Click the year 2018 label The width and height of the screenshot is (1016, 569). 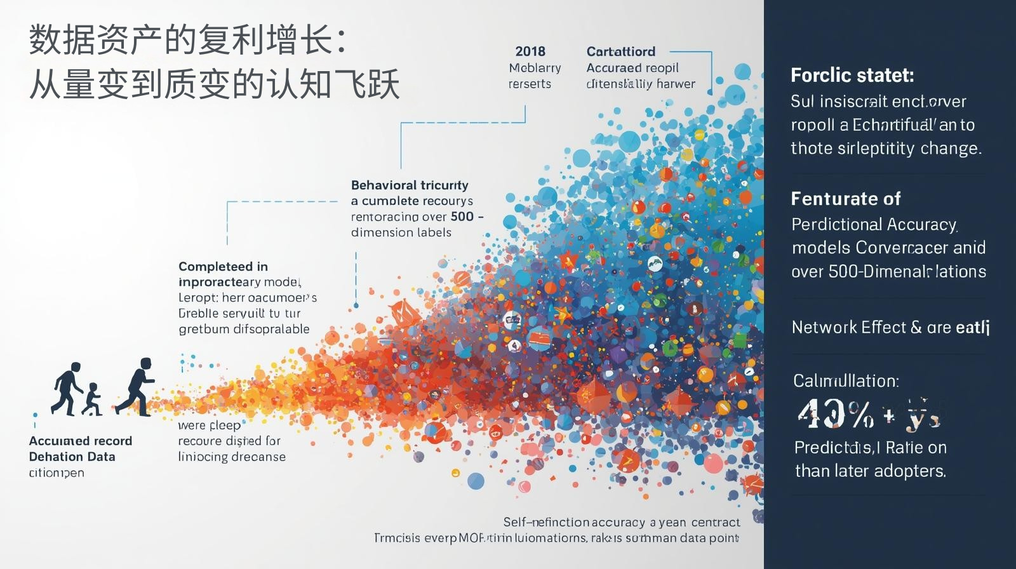click(530, 51)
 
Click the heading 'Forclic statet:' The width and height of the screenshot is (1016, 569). click(852, 76)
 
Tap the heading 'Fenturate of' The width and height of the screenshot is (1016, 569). click(845, 199)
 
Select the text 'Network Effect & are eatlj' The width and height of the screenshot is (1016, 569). click(890, 327)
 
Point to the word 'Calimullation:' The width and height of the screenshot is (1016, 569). click(846, 381)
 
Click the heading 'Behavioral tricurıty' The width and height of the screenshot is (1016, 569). click(410, 185)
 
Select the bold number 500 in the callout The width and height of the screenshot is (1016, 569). click(462, 217)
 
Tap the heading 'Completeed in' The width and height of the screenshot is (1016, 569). click(223, 267)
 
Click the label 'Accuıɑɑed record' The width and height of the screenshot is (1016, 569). click(81, 441)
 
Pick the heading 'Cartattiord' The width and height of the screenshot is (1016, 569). click(620, 51)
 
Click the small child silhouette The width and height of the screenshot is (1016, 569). click(93, 399)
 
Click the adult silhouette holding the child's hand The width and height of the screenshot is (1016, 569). click(68, 388)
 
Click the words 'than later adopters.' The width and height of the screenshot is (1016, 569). click(870, 471)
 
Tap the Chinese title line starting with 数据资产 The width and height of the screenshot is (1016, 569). click(188, 40)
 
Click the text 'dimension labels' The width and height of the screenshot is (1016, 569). click(401, 232)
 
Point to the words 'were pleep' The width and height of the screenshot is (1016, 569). click(209, 425)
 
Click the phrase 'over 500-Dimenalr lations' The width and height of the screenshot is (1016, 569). click(888, 272)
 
